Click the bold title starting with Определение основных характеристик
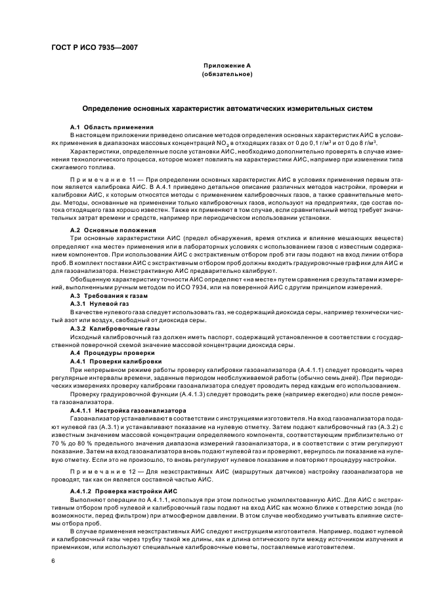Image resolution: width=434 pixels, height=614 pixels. pyautogui.click(x=227, y=107)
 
